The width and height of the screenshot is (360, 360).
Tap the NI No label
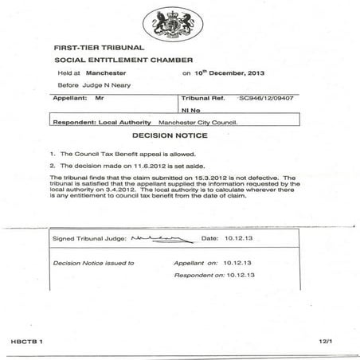coord(189,111)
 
